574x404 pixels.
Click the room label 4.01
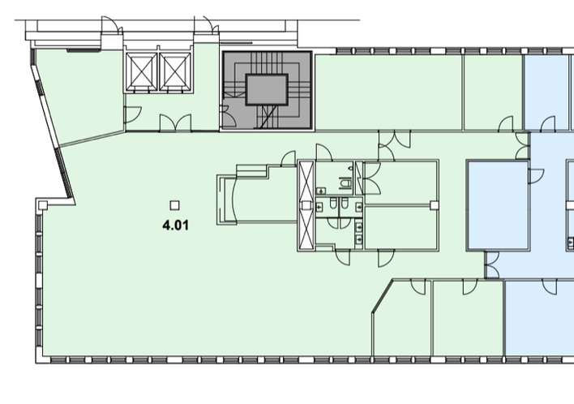tap(176, 225)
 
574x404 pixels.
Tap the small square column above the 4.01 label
tap(174, 205)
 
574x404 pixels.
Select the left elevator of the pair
tap(141, 71)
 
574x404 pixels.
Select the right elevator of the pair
tap(175, 71)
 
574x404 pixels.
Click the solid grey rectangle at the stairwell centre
tap(267, 90)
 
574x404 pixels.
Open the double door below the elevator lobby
tap(175, 122)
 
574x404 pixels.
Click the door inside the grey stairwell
tap(228, 116)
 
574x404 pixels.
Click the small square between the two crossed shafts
tap(306, 205)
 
